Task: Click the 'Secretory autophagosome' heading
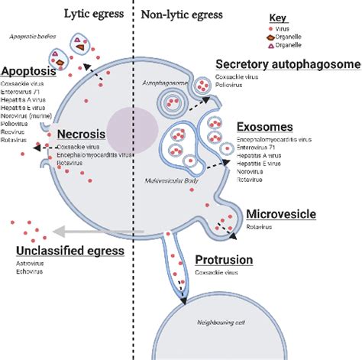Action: pyautogui.click(x=287, y=64)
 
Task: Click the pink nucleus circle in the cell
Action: pyautogui.click(x=128, y=127)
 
